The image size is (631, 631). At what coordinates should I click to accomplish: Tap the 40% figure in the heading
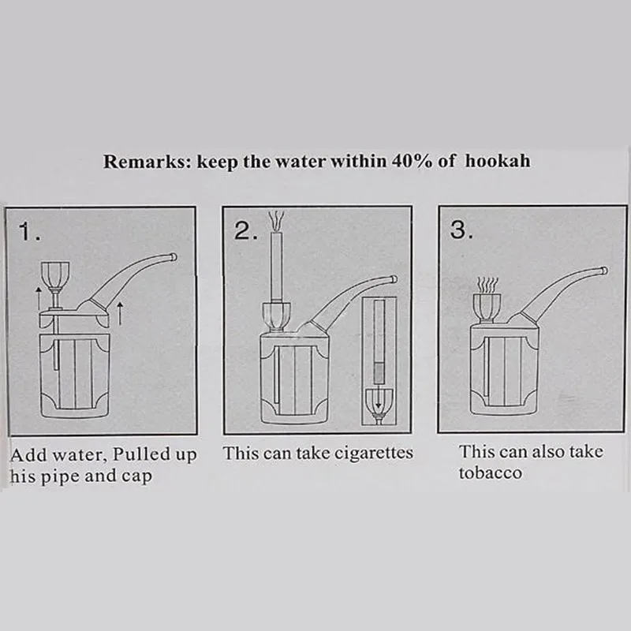point(412,161)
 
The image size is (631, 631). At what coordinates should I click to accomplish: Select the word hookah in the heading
point(498,161)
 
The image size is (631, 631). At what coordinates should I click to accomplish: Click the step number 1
point(29,232)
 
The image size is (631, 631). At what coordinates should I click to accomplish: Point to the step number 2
point(245,231)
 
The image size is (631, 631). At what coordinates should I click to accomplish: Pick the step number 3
point(461,230)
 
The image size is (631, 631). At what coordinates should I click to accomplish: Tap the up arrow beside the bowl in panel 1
point(39,299)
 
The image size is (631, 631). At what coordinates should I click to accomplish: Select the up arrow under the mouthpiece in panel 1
point(120,313)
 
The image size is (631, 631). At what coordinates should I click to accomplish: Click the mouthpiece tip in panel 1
point(173,257)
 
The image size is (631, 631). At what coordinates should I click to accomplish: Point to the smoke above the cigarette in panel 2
point(277,221)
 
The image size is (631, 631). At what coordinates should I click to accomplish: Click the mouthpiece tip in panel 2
point(394,279)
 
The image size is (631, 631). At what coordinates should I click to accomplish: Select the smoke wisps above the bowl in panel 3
point(487,286)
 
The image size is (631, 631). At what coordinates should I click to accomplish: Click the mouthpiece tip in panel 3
point(604,271)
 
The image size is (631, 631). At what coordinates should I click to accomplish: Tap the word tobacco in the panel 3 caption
point(490,473)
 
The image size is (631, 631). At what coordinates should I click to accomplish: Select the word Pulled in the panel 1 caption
point(136,454)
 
